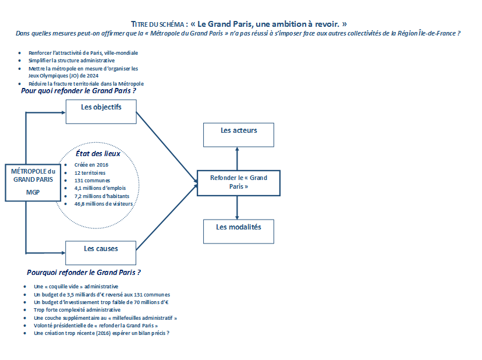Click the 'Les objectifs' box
click(101, 112)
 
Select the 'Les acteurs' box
click(239, 135)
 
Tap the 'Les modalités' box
click(239, 231)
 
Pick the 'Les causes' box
click(101, 253)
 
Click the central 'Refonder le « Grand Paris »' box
click(239, 183)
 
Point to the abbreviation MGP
click(33, 192)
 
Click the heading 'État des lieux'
click(98, 154)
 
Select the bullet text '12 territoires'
click(90, 173)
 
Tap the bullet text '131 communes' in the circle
click(92, 181)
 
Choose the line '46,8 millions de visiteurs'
click(104, 204)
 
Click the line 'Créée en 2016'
click(91, 165)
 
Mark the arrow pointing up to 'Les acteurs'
click(237, 159)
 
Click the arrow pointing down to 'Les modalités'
click(237, 208)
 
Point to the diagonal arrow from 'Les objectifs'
click(166, 147)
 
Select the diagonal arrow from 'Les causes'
click(166, 217)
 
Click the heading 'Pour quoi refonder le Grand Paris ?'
click(79, 91)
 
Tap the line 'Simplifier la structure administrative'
click(72, 61)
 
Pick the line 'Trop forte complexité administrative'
click(77, 310)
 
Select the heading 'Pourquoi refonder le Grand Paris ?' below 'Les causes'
click(84, 273)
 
